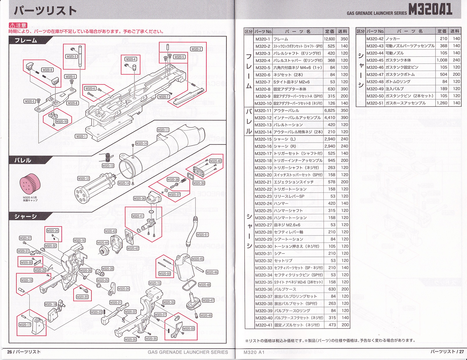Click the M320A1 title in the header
click(x=430, y=9)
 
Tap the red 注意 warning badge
click(x=18, y=25)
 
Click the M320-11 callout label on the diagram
click(x=163, y=130)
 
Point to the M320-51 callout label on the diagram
click(x=202, y=234)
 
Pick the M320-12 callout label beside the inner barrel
click(x=83, y=178)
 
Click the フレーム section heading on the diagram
click(x=26, y=40)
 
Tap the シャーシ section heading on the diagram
click(x=26, y=216)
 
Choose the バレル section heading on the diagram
click(x=23, y=160)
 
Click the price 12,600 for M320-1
click(x=329, y=39)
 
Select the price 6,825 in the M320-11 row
click(x=330, y=111)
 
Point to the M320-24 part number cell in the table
click(x=263, y=203)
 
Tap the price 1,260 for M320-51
click(x=441, y=103)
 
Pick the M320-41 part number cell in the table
click(x=263, y=325)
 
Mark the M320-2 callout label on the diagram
click(x=196, y=49)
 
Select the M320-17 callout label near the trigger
click(x=25, y=325)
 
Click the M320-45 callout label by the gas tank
click(x=197, y=259)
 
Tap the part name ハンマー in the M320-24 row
click(x=281, y=203)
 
